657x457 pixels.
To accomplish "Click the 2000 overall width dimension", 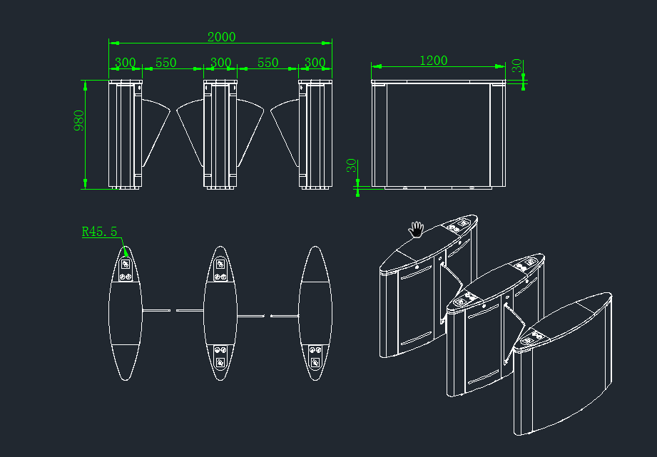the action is click(x=221, y=37).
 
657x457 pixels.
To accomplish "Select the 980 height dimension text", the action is click(x=79, y=120).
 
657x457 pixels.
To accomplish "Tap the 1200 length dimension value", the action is click(x=433, y=61).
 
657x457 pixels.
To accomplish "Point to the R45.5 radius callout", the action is click(x=99, y=232).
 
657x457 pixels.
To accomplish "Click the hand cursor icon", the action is click(x=416, y=230).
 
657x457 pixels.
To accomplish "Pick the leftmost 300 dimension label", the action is click(x=125, y=63).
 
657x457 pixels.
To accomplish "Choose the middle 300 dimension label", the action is click(x=220, y=63).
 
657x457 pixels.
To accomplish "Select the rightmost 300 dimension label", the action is click(x=315, y=63).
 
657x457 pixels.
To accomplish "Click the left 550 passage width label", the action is click(x=166, y=63).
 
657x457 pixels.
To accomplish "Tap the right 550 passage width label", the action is click(x=268, y=63).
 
